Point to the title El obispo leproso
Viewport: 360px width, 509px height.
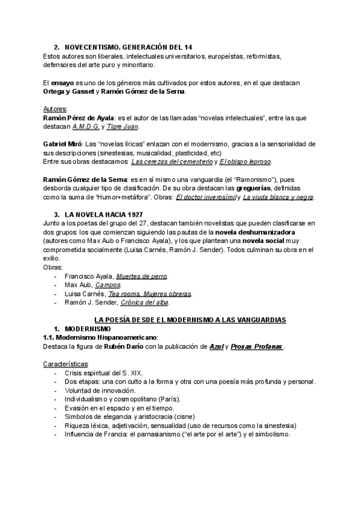tap(245, 161)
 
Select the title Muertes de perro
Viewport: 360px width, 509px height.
tap(142, 276)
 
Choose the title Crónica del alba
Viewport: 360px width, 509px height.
tap(148, 303)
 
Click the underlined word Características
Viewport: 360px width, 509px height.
tap(65, 364)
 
